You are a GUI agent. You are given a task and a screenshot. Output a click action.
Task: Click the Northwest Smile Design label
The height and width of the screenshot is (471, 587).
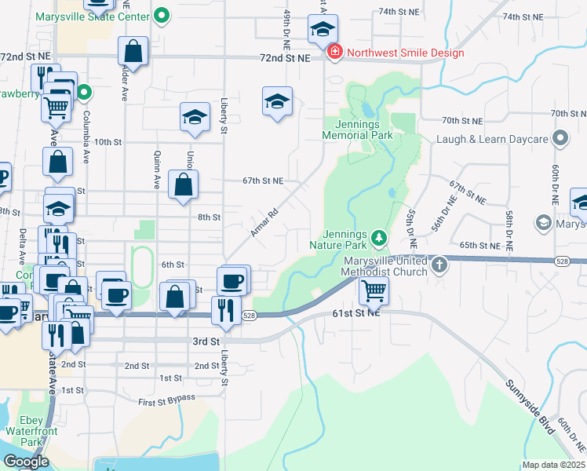406,53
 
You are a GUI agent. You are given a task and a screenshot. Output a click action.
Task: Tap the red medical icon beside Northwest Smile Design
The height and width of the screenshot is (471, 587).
335,53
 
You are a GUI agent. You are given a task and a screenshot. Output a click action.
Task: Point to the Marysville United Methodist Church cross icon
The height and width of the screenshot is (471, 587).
439,265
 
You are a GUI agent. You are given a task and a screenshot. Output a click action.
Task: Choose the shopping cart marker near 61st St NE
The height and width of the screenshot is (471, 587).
374,290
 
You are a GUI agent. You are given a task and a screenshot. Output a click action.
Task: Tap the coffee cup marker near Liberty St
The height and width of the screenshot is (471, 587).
232,280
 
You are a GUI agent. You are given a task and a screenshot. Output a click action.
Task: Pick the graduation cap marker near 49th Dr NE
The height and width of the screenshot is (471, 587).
276,101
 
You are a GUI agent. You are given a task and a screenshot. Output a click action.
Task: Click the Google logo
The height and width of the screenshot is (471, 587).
26,462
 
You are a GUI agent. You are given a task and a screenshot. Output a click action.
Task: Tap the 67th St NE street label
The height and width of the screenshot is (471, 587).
262,181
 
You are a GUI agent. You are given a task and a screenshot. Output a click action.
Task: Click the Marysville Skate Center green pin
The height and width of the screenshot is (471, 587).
162,14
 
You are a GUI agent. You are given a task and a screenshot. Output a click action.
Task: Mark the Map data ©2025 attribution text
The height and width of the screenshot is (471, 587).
552,465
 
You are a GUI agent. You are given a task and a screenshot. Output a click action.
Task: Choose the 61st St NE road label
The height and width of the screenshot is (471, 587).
356,312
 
